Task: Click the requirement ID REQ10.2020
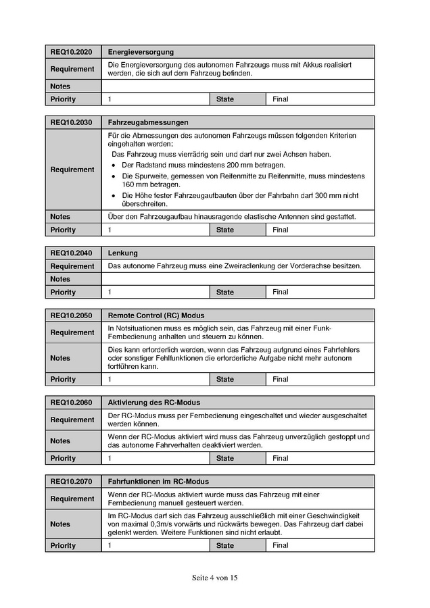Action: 71,52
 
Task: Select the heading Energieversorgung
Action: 141,52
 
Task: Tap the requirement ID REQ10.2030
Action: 71,123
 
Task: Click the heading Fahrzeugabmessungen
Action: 148,123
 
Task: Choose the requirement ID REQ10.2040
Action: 71,253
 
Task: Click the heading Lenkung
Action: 122,253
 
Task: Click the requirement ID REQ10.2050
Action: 71,315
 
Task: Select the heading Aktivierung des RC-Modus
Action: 153,403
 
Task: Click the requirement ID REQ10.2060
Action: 71,403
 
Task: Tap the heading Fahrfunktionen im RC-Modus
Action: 158,482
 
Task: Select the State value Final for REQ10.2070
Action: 281,545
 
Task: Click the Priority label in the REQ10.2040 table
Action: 63,293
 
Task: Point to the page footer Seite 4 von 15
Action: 215,578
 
